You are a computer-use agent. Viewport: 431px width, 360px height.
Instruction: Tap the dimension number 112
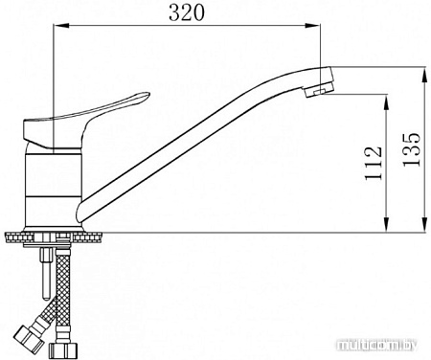374,164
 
